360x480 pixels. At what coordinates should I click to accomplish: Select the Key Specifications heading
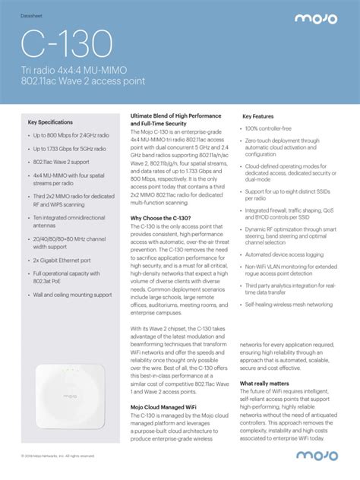coord(50,122)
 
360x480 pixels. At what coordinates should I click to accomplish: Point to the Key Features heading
coord(257,117)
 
